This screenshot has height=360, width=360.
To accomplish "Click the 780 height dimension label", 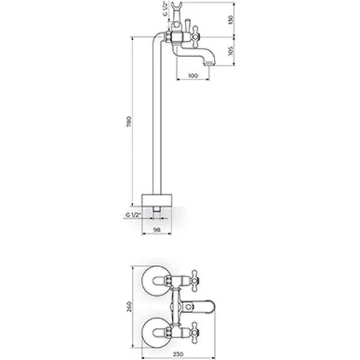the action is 129,121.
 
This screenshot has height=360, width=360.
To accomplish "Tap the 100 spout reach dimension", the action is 193,76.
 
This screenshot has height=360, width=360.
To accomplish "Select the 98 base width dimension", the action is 157,230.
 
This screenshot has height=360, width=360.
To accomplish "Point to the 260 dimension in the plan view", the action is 129,307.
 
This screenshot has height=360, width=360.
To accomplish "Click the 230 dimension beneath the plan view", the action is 179,354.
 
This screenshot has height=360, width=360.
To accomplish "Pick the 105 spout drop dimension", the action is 231,50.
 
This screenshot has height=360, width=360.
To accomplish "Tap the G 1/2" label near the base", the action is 132,215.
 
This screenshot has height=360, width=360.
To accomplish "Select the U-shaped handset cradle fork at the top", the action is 177,6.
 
